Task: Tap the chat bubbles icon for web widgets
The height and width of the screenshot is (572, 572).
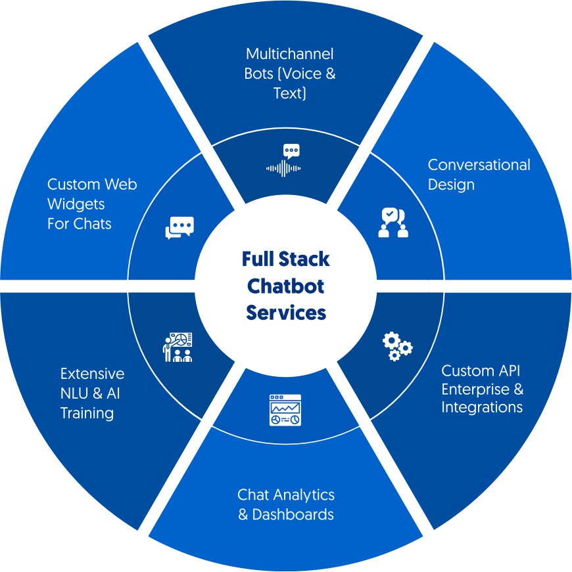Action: pyautogui.click(x=179, y=227)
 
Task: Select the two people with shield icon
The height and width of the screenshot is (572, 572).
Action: pyautogui.click(x=393, y=222)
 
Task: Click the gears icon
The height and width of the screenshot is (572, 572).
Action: pyautogui.click(x=397, y=346)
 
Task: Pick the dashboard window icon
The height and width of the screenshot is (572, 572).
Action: pyautogui.click(x=285, y=410)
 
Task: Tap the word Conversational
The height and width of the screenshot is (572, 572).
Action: pyautogui.click(x=479, y=165)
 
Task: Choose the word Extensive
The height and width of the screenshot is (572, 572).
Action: pyautogui.click(x=92, y=374)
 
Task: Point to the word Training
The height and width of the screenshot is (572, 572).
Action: pyautogui.click(x=87, y=413)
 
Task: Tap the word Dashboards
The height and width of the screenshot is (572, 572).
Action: pyautogui.click(x=293, y=514)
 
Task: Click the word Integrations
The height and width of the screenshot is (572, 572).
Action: pyautogui.click(x=482, y=407)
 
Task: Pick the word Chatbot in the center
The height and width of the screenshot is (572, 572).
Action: pyautogui.click(x=286, y=286)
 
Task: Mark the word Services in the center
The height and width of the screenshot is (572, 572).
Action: pyautogui.click(x=286, y=313)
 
